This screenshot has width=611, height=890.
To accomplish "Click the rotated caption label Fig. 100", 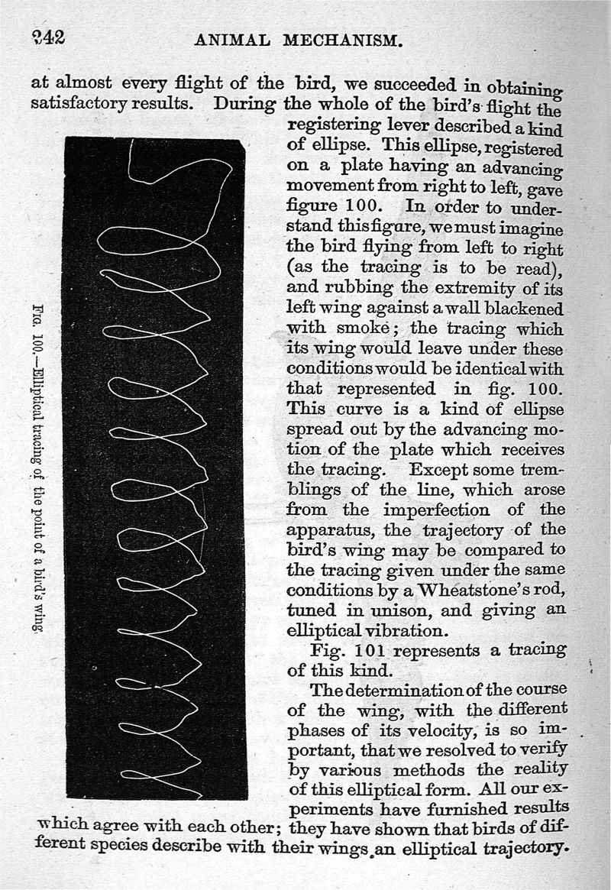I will click(x=36, y=322).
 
